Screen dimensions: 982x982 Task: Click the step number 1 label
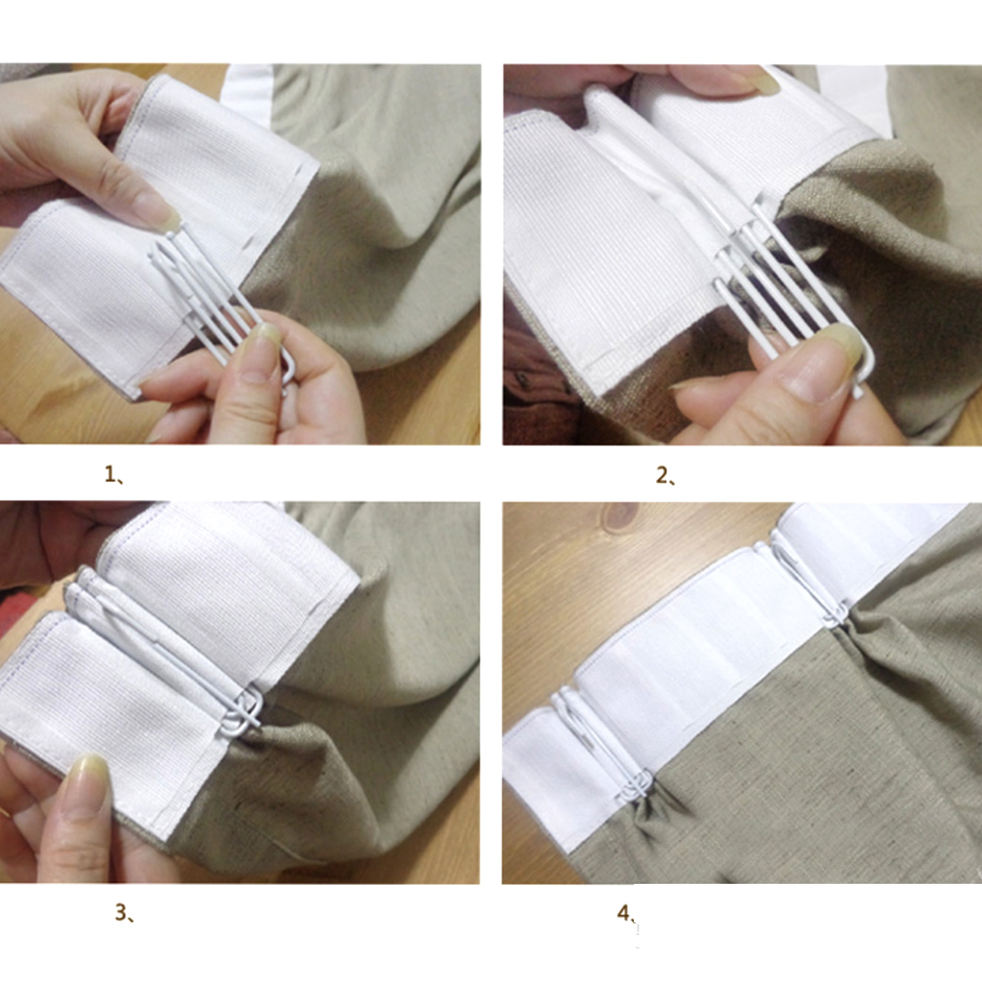[114, 475]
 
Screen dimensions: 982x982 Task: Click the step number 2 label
[666, 477]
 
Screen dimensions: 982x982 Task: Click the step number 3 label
[124, 912]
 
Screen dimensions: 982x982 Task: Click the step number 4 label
[627, 914]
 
